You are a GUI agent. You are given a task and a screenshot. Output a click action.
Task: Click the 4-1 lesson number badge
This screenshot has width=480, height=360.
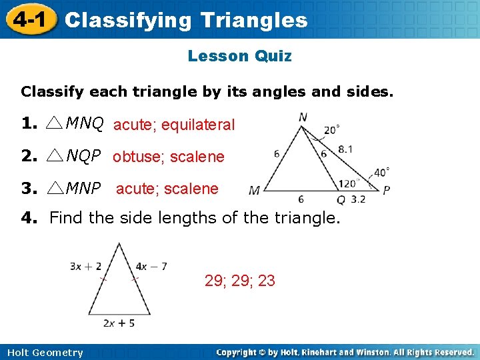click(27, 19)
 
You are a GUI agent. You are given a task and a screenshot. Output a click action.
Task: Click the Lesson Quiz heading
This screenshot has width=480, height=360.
click(239, 56)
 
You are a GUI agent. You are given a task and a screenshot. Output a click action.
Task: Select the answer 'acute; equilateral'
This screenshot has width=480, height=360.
click(174, 125)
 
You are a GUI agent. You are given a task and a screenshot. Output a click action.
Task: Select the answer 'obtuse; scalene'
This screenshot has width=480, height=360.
click(169, 157)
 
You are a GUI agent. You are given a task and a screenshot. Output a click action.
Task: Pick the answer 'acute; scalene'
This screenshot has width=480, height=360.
click(167, 189)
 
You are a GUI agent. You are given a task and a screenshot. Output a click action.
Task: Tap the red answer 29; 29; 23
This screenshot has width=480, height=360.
click(240, 281)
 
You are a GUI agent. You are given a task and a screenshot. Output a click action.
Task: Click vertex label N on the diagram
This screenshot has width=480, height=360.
click(303, 117)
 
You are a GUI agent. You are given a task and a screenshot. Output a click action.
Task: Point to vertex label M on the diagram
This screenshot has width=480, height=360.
click(254, 191)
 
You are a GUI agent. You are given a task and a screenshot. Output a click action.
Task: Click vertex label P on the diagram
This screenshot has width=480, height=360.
click(386, 191)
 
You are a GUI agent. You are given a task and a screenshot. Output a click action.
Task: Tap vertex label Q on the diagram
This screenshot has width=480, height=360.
click(341, 199)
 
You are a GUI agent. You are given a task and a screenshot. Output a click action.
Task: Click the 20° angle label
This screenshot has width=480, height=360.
click(331, 130)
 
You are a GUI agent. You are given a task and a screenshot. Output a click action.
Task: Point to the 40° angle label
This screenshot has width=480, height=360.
click(381, 172)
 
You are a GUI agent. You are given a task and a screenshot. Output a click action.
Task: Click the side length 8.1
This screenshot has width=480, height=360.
click(346, 150)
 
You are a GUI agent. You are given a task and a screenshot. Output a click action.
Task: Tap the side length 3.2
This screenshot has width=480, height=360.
click(358, 199)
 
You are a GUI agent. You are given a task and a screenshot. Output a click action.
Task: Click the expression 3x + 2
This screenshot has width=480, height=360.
click(85, 267)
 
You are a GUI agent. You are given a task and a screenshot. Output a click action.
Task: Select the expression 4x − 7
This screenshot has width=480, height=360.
click(151, 267)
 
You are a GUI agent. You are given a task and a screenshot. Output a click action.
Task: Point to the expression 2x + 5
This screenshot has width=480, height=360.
click(119, 323)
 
